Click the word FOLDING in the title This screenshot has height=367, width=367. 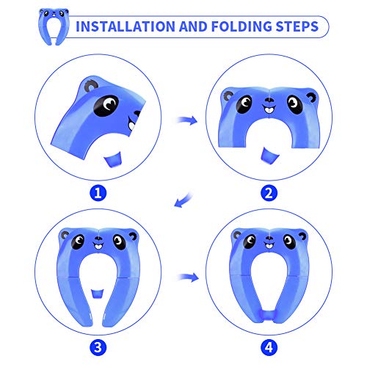click(x=248, y=27)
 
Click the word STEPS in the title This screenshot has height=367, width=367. click(x=302, y=27)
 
